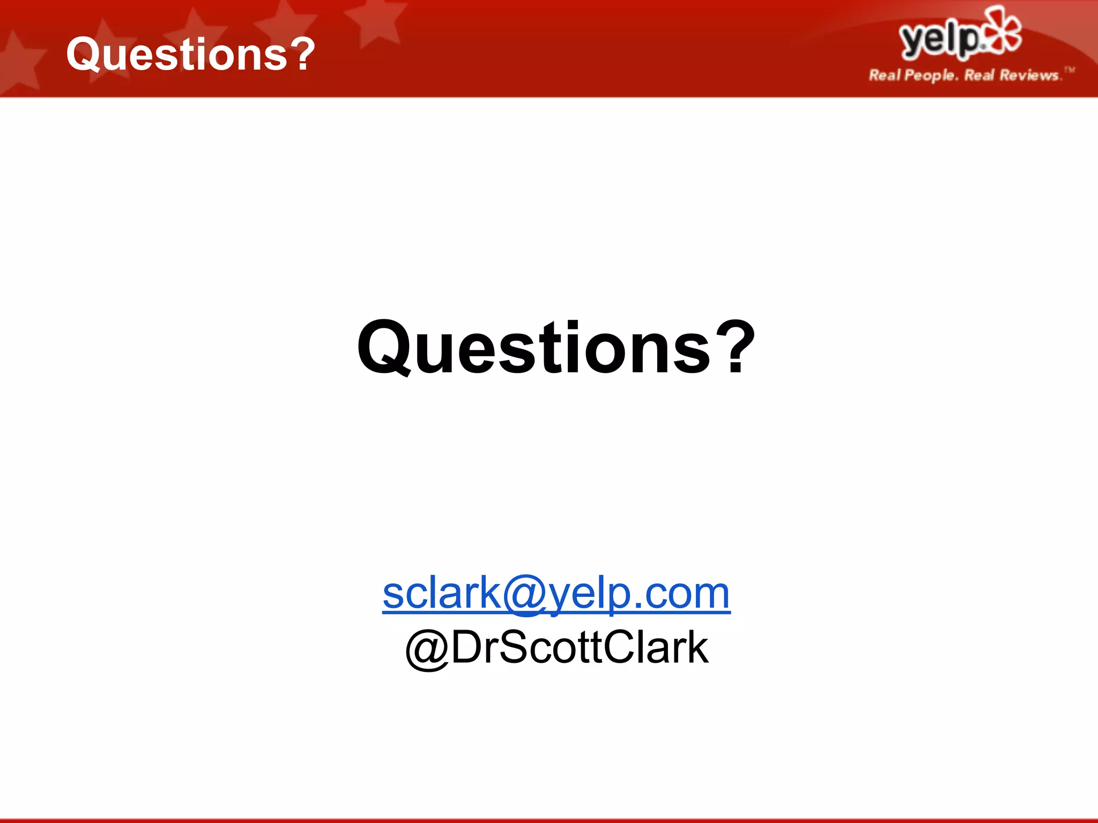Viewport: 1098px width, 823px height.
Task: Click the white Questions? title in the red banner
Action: pos(190,54)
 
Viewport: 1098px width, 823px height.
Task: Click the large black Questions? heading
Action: pos(555,348)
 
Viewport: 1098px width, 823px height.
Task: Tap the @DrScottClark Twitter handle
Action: pos(557,647)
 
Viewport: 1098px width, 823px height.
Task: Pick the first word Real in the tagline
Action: pos(885,75)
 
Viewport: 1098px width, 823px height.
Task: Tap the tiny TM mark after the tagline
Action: pos(1070,69)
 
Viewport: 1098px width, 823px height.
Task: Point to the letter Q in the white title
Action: pos(86,55)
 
